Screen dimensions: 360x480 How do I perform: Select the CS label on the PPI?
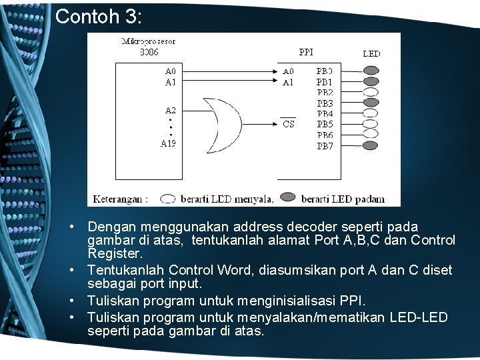pos(289,124)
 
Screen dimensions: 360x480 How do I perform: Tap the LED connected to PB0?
pos(371,71)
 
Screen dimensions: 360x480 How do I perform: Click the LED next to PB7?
pos(371,145)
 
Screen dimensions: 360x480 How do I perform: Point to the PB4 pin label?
pos(325,113)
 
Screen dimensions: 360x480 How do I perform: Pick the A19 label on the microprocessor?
pos(169,143)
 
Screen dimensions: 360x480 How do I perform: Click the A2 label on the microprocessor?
pos(171,110)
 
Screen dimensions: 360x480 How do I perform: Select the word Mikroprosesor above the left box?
pos(149,41)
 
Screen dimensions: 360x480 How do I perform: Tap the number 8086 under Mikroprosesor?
pos(149,51)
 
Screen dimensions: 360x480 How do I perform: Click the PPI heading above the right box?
pos(306,51)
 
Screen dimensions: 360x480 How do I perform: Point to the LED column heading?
pos(371,53)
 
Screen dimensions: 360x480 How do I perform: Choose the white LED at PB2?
pos(371,92)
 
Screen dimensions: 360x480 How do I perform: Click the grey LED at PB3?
pos(371,103)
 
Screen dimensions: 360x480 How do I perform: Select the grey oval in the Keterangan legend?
pos(288,198)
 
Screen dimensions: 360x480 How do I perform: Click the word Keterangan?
pos(120,198)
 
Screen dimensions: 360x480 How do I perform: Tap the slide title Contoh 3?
pos(99,16)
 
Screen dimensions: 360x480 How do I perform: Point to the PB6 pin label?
pos(325,135)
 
